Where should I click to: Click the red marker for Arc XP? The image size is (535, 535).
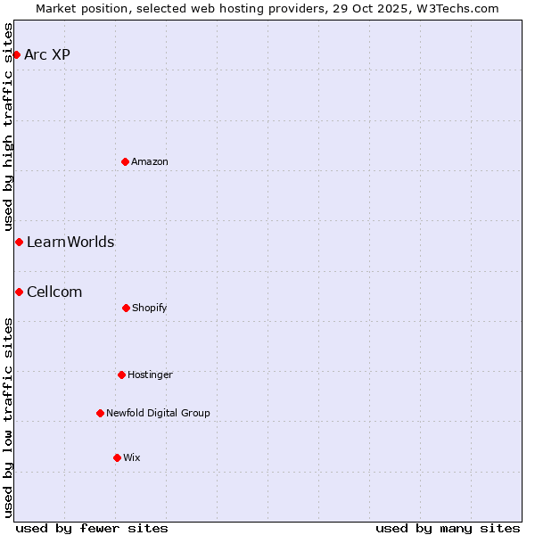[16, 54]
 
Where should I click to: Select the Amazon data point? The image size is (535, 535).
[125, 161]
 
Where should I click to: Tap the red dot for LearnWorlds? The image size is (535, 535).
[19, 242]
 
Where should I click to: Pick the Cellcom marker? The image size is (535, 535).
[19, 292]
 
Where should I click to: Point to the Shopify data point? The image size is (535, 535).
[126, 308]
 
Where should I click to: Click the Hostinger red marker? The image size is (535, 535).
[121, 374]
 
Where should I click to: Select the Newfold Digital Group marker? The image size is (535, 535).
[100, 413]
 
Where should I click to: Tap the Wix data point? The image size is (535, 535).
[117, 457]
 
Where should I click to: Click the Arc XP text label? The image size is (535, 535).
[47, 54]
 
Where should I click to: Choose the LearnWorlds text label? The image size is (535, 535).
[70, 242]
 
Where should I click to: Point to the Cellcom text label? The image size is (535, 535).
[54, 292]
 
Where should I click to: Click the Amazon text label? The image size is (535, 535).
[150, 161]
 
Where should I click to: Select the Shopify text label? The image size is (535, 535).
[150, 308]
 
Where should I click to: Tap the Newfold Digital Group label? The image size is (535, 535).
[158, 413]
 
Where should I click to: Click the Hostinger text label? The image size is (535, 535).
[150, 374]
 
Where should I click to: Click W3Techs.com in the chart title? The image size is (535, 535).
[456, 8]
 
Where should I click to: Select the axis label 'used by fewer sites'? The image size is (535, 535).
[92, 528]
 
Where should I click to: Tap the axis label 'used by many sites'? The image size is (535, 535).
[448, 528]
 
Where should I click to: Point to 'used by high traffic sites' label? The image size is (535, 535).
[8, 128]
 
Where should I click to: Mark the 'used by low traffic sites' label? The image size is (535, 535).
[8, 417]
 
